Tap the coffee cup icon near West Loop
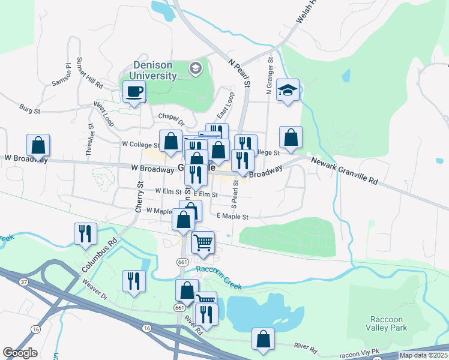134,92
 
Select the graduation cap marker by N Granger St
288,91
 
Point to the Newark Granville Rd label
344,170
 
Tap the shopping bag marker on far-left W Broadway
38,146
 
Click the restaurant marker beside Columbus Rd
85,233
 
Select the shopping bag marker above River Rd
263,339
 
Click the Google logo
20,353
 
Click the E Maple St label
232,216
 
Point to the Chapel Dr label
169,116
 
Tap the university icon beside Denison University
195,69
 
